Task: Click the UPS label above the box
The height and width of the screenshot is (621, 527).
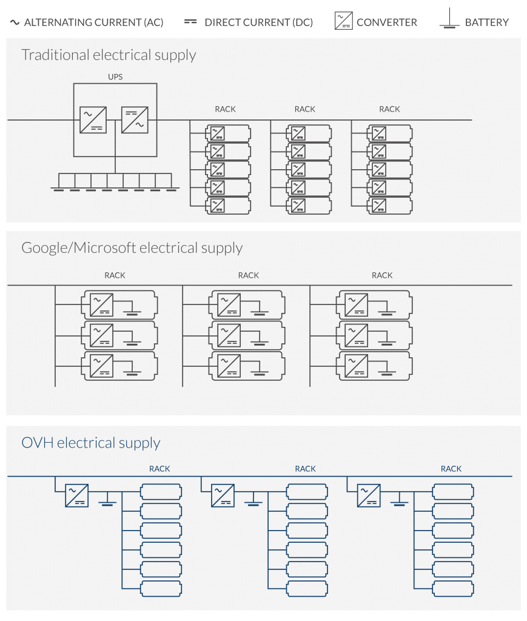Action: [x=115, y=77]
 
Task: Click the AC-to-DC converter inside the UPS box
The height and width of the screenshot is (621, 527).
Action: [x=93, y=119]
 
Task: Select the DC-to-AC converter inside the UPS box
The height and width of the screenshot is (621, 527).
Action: [x=135, y=119]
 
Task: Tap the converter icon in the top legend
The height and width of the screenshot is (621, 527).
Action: [x=343, y=21]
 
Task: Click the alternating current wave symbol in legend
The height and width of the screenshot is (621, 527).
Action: [x=15, y=22]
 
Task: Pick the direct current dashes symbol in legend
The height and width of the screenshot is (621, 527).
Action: [x=190, y=22]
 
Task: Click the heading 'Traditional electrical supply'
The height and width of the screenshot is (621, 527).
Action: [x=109, y=55]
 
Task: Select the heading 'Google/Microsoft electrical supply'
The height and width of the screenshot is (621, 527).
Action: [x=132, y=248]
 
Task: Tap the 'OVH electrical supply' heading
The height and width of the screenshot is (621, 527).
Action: [x=91, y=442]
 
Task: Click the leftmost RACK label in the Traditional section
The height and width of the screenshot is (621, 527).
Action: [x=225, y=109]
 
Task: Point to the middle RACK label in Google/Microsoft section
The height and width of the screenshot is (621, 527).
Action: [x=248, y=275]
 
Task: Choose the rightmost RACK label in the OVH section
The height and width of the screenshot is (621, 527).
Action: [x=451, y=469]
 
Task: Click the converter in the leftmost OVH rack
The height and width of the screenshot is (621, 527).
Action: [x=76, y=495]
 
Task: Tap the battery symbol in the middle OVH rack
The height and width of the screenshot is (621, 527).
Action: [x=253, y=499]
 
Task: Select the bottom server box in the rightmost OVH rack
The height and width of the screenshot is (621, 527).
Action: [x=453, y=588]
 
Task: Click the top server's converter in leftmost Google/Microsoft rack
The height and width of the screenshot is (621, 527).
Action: [x=101, y=305]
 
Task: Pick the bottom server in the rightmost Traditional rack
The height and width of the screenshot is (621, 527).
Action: [x=389, y=206]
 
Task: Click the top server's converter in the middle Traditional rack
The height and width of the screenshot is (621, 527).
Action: [x=298, y=133]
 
